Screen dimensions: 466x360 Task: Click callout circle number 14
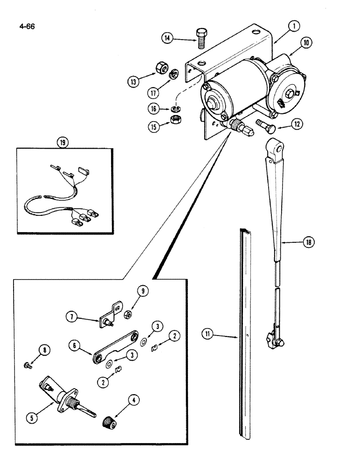click(169, 39)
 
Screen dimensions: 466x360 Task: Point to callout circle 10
click(306, 43)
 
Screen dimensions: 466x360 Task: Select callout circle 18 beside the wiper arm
click(308, 242)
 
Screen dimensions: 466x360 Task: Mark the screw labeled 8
click(28, 365)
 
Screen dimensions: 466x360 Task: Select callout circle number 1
click(293, 27)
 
